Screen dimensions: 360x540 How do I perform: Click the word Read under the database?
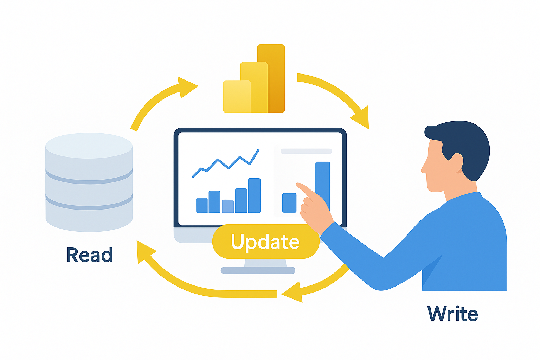(x=90, y=255)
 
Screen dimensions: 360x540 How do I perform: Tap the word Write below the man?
(x=452, y=314)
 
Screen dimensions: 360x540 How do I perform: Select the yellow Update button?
(x=265, y=242)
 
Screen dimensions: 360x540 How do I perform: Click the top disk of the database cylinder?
(x=89, y=145)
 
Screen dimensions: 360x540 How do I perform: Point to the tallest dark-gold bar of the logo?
(x=276, y=77)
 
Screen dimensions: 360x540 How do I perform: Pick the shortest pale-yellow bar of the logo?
(x=237, y=97)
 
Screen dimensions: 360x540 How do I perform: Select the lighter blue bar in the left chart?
(x=228, y=206)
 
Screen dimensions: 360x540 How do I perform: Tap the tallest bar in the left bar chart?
(x=254, y=195)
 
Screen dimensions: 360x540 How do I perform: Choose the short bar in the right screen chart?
(x=289, y=203)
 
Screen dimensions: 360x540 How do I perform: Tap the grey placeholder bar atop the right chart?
(x=306, y=152)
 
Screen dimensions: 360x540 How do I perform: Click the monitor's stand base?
(x=258, y=270)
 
